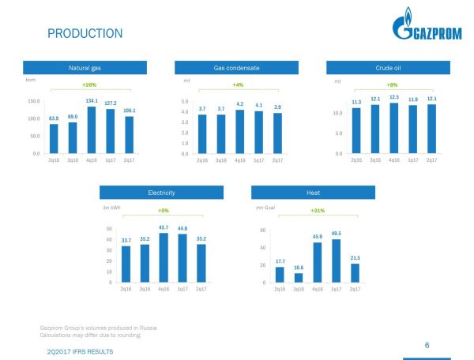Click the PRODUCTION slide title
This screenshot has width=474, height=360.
85,33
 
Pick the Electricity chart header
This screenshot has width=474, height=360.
161,192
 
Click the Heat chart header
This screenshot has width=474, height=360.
313,192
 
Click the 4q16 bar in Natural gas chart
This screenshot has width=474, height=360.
91,129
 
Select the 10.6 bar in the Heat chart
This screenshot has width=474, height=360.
298,277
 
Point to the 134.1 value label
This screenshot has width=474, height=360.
91,101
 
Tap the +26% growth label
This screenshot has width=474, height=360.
89,84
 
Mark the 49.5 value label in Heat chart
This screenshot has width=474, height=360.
336,234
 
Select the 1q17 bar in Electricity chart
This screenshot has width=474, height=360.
182,257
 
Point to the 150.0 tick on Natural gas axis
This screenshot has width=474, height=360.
34,101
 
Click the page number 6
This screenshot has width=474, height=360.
427,345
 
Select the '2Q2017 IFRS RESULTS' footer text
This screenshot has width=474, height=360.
80,350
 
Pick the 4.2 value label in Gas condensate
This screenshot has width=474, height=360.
239,103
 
